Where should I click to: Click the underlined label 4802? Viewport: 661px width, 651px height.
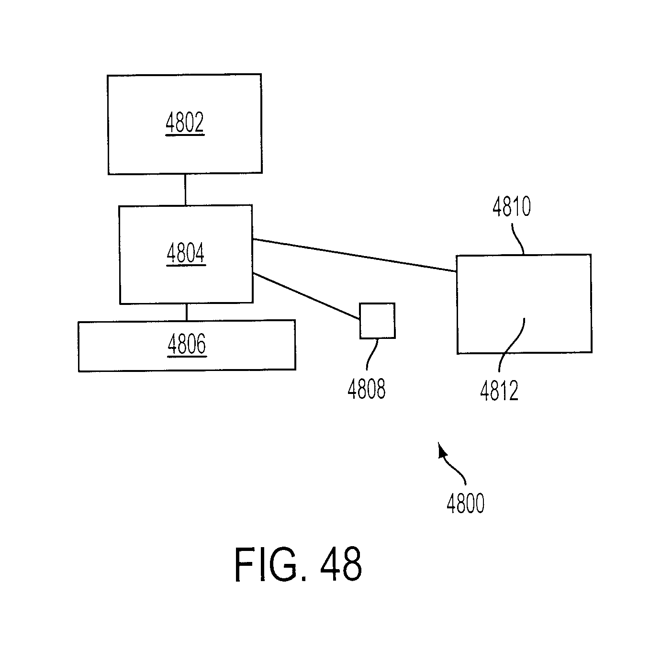click(x=185, y=123)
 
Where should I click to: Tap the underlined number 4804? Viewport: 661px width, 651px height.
click(x=186, y=253)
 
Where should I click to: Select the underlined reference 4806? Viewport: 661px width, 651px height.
click(x=187, y=344)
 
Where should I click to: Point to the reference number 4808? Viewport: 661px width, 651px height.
click(x=366, y=389)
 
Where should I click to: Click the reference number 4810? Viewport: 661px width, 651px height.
click(x=512, y=206)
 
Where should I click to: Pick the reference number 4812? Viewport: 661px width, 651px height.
click(x=499, y=391)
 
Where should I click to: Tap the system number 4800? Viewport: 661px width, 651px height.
click(x=466, y=503)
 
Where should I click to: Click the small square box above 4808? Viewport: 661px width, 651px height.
click(x=377, y=321)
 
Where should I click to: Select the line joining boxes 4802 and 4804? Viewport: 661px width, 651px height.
click(x=185, y=190)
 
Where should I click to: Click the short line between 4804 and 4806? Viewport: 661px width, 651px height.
click(x=187, y=312)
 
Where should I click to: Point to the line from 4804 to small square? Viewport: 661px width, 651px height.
click(x=306, y=296)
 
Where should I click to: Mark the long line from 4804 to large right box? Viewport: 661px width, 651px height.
click(x=354, y=255)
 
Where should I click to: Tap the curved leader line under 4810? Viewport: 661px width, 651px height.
click(x=518, y=239)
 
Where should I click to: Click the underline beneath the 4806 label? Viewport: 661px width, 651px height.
click(x=187, y=357)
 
